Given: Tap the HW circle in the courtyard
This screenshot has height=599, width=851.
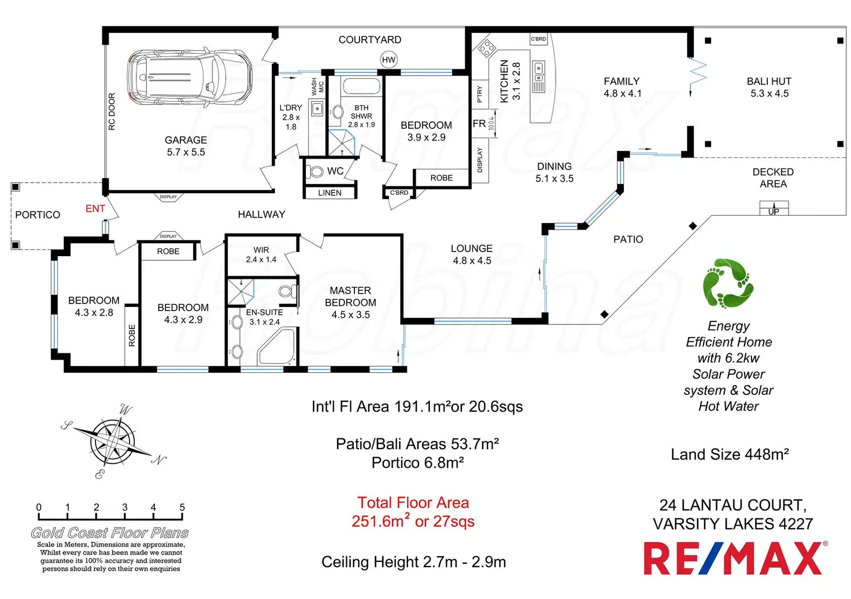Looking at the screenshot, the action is tap(388, 60).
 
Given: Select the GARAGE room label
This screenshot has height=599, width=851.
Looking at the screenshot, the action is tap(186, 140).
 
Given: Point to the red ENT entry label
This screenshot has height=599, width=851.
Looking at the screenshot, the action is tap(95, 209).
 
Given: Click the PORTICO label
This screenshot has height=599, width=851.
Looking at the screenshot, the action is tap(38, 215).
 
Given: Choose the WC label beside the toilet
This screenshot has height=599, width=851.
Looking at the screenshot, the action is tap(335, 171).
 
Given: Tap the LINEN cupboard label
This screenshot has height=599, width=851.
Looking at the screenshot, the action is tap(330, 193).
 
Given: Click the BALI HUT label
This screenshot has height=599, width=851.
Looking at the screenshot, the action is tap(769, 82).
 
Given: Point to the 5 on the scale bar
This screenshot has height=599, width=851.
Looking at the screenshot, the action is tap(182, 508).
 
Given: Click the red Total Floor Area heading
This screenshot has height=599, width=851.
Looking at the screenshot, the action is tap(413, 503).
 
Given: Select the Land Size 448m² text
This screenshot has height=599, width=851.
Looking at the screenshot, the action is tap(730, 455).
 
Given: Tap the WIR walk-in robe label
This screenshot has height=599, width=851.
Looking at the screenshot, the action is tap(261, 250).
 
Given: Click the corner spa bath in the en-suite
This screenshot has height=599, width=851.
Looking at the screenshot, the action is tap(276, 347).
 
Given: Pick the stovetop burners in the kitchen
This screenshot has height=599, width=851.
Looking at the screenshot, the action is tap(486, 48).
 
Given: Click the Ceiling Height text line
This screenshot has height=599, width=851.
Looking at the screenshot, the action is tap(413, 562).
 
